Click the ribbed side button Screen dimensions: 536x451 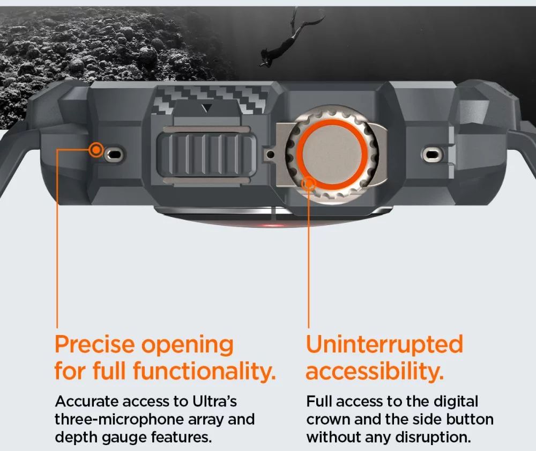tap(206, 155)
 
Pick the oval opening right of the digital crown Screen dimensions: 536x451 tap(432, 155)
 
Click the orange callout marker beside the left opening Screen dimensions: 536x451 tap(96, 150)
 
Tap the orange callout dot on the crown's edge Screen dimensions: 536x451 tap(309, 184)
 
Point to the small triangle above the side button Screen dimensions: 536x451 tap(206, 108)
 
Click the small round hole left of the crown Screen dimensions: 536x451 tap(270, 155)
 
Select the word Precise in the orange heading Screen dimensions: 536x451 tap(95, 344)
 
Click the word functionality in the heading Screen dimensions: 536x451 tap(204, 371)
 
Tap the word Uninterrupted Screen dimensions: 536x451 tap(384, 344)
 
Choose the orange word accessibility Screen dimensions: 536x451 tap(375, 371)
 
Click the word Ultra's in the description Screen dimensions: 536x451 tap(215, 402)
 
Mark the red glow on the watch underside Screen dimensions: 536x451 tap(272, 225)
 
